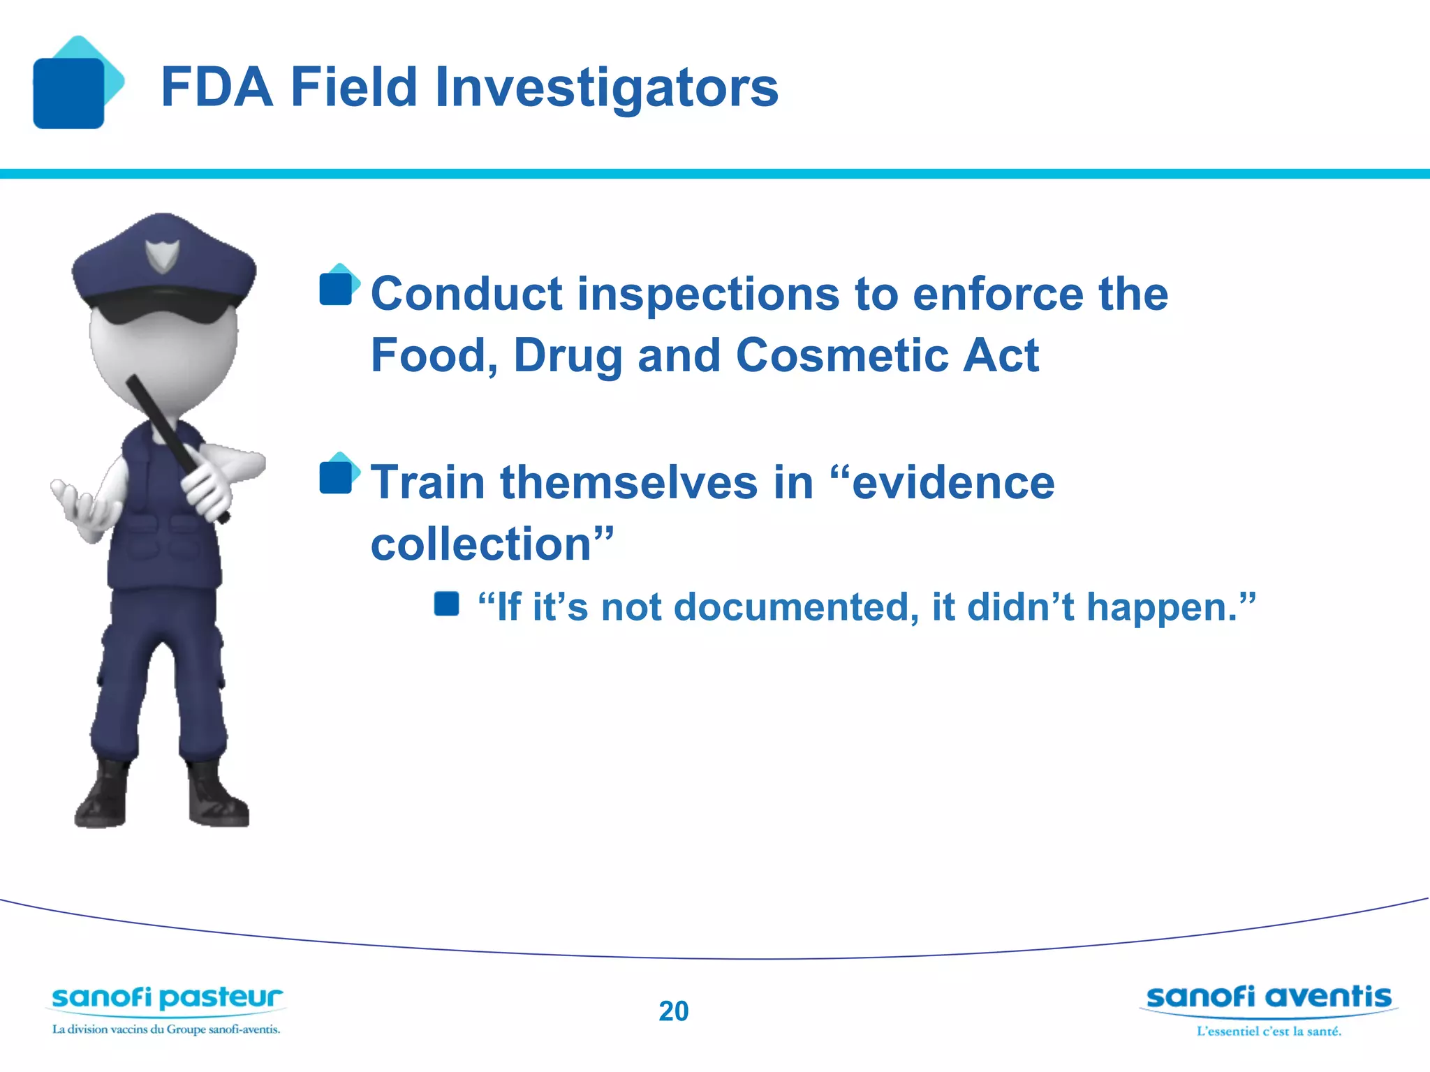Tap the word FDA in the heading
coord(216,88)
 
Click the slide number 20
coord(673,1011)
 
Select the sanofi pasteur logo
coord(166,999)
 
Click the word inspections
coord(708,294)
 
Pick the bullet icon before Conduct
coord(339,286)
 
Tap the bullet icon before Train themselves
coord(339,475)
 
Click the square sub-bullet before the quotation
coord(446,604)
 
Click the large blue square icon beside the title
coord(68,93)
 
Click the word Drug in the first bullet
coord(568,356)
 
